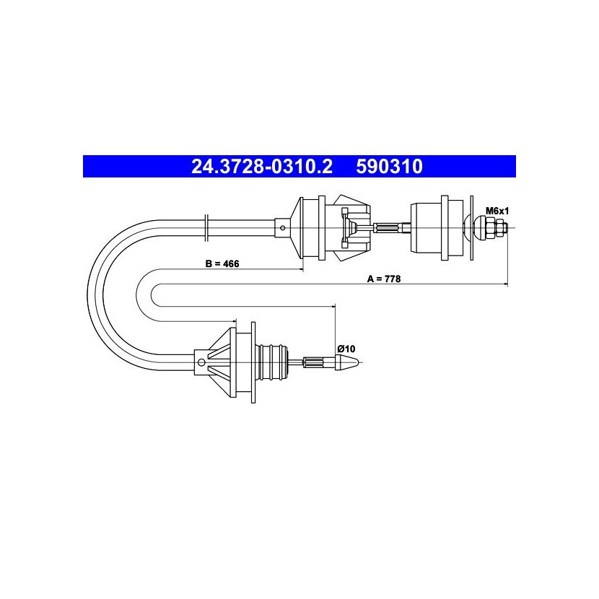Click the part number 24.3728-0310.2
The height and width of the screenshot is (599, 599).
coord(262,167)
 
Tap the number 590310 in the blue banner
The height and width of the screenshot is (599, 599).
coord(389,167)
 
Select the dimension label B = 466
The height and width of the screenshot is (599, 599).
coord(222,263)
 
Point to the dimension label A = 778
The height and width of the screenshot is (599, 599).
coord(384,279)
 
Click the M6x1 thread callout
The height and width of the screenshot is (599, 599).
coord(497,211)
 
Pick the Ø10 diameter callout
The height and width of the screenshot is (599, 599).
coord(346,349)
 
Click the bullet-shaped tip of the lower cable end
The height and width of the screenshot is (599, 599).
coord(347,362)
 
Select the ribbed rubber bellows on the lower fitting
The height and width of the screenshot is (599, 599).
coord(271,362)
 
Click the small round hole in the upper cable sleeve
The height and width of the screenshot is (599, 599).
coord(282,228)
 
